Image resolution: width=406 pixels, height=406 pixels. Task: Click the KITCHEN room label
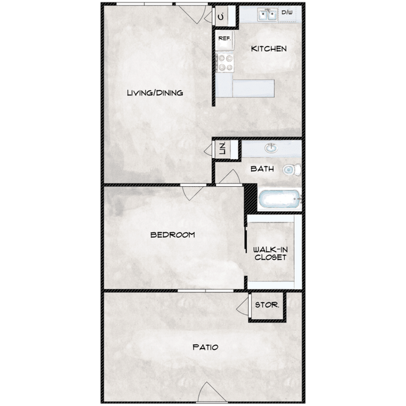269,49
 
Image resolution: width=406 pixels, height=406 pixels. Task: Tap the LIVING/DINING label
154,93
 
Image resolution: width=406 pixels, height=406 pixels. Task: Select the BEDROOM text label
172,235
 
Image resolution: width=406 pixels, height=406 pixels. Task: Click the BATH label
262,169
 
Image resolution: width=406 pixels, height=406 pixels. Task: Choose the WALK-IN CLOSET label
270,254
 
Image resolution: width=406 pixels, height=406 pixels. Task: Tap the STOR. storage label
267,305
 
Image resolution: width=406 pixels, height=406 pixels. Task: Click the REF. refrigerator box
224,39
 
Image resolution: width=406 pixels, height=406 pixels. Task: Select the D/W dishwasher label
287,12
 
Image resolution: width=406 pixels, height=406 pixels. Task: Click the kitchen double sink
269,14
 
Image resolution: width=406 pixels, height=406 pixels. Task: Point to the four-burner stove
224,62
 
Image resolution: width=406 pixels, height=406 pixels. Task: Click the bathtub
279,200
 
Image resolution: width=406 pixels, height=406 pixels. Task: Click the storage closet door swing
242,305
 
